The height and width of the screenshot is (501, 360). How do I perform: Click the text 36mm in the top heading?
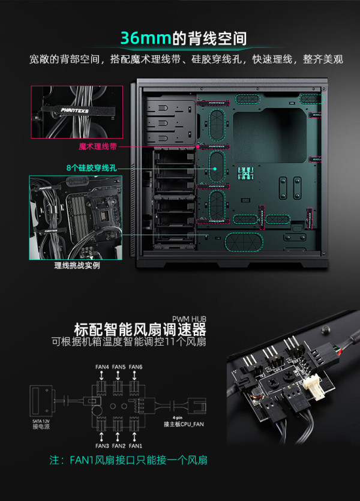click(x=146, y=38)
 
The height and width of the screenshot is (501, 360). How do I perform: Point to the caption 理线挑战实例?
click(x=76, y=265)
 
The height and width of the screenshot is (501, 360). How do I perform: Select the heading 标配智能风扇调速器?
click(x=140, y=330)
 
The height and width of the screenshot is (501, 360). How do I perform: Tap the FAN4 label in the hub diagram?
click(x=102, y=367)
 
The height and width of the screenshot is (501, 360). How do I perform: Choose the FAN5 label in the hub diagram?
click(x=119, y=367)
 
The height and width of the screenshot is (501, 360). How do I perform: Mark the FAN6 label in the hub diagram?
click(x=136, y=367)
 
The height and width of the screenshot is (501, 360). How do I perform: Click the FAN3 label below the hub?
click(x=102, y=445)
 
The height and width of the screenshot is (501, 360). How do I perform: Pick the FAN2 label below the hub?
click(x=119, y=445)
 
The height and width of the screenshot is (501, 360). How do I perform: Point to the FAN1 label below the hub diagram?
click(x=136, y=445)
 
